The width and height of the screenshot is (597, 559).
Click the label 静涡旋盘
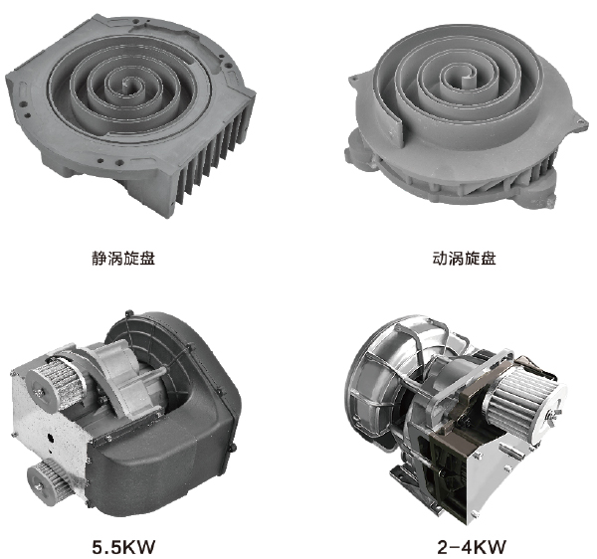point(123,258)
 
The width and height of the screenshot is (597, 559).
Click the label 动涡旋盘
point(464,258)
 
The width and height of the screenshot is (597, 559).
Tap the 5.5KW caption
point(123,547)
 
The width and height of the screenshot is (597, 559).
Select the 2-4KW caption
point(472,547)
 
